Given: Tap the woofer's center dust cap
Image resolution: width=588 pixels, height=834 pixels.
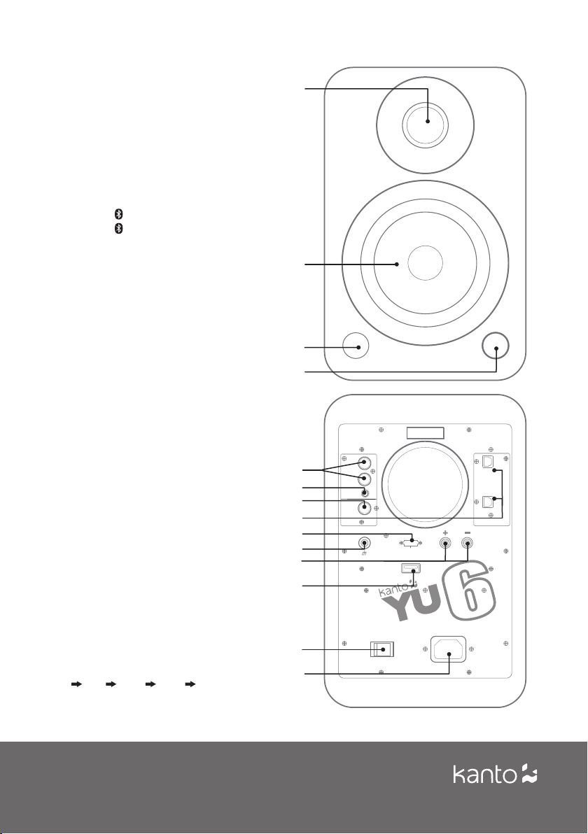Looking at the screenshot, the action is click(425, 263).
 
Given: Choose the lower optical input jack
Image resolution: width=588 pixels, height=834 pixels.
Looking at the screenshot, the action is click(487, 502).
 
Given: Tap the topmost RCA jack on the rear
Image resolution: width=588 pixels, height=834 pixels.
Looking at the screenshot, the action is click(364, 463).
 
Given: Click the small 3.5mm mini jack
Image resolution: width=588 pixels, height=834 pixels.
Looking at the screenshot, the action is click(365, 491).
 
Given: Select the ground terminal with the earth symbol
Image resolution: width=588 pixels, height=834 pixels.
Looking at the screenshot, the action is click(364, 544).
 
